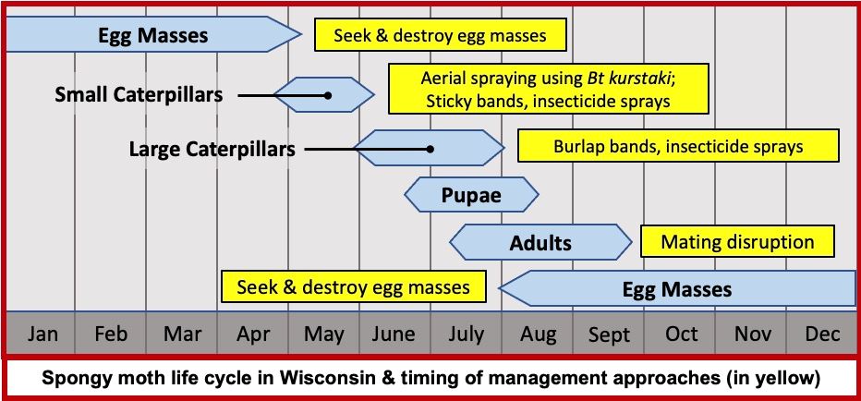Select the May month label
pyautogui.click(x=323, y=334)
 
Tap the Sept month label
pyautogui.click(x=608, y=334)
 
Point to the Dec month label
pyautogui.click(x=822, y=334)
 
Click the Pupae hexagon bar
pyautogui.click(x=471, y=196)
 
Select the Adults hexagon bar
pyautogui.click(x=541, y=244)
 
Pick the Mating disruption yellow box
pyautogui.click(x=737, y=242)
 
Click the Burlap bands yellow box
pyautogui.click(x=678, y=146)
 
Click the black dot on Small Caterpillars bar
pyautogui.click(x=328, y=95)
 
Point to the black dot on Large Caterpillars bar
pyautogui.click(x=430, y=148)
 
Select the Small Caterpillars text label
pyautogui.click(x=145, y=94)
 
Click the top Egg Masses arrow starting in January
pyautogui.click(x=153, y=36)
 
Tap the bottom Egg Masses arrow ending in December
pyautogui.click(x=677, y=289)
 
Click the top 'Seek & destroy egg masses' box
pyautogui.click(x=439, y=36)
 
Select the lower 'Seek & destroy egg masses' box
pyautogui.click(x=353, y=286)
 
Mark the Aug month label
pyautogui.click(x=537, y=334)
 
